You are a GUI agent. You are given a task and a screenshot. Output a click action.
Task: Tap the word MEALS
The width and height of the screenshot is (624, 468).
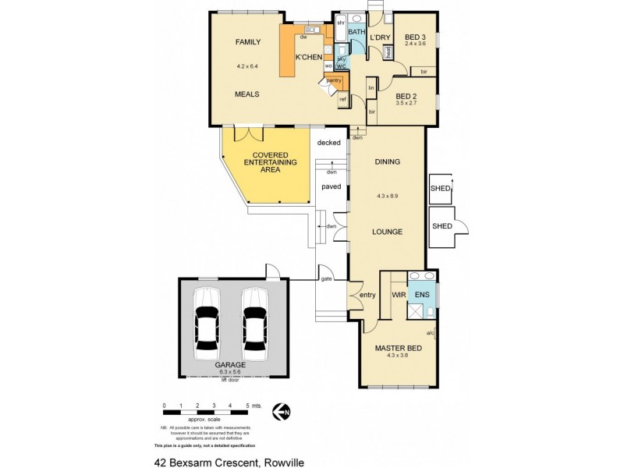click(x=247, y=94)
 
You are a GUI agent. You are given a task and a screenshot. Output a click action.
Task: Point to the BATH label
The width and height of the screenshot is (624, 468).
click(x=356, y=32)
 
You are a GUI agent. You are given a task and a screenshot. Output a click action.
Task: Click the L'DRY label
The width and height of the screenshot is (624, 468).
click(x=380, y=37)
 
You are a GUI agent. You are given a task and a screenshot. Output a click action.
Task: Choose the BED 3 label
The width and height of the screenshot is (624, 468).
click(x=415, y=37)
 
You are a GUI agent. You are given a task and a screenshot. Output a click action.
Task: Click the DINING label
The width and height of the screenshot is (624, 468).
click(x=387, y=162)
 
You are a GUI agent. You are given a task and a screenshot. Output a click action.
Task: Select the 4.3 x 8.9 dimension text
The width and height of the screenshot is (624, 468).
click(x=387, y=196)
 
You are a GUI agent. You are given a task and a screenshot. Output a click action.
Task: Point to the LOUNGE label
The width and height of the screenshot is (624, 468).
click(x=387, y=232)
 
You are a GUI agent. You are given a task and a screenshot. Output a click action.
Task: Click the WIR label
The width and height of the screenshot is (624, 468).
click(x=398, y=295)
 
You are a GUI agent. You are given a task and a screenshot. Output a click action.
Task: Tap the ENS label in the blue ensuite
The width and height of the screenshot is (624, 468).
click(x=422, y=295)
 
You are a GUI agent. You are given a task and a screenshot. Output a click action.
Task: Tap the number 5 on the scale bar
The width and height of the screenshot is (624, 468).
click(x=246, y=406)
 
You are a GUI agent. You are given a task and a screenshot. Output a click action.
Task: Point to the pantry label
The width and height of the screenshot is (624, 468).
click(x=334, y=80)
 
